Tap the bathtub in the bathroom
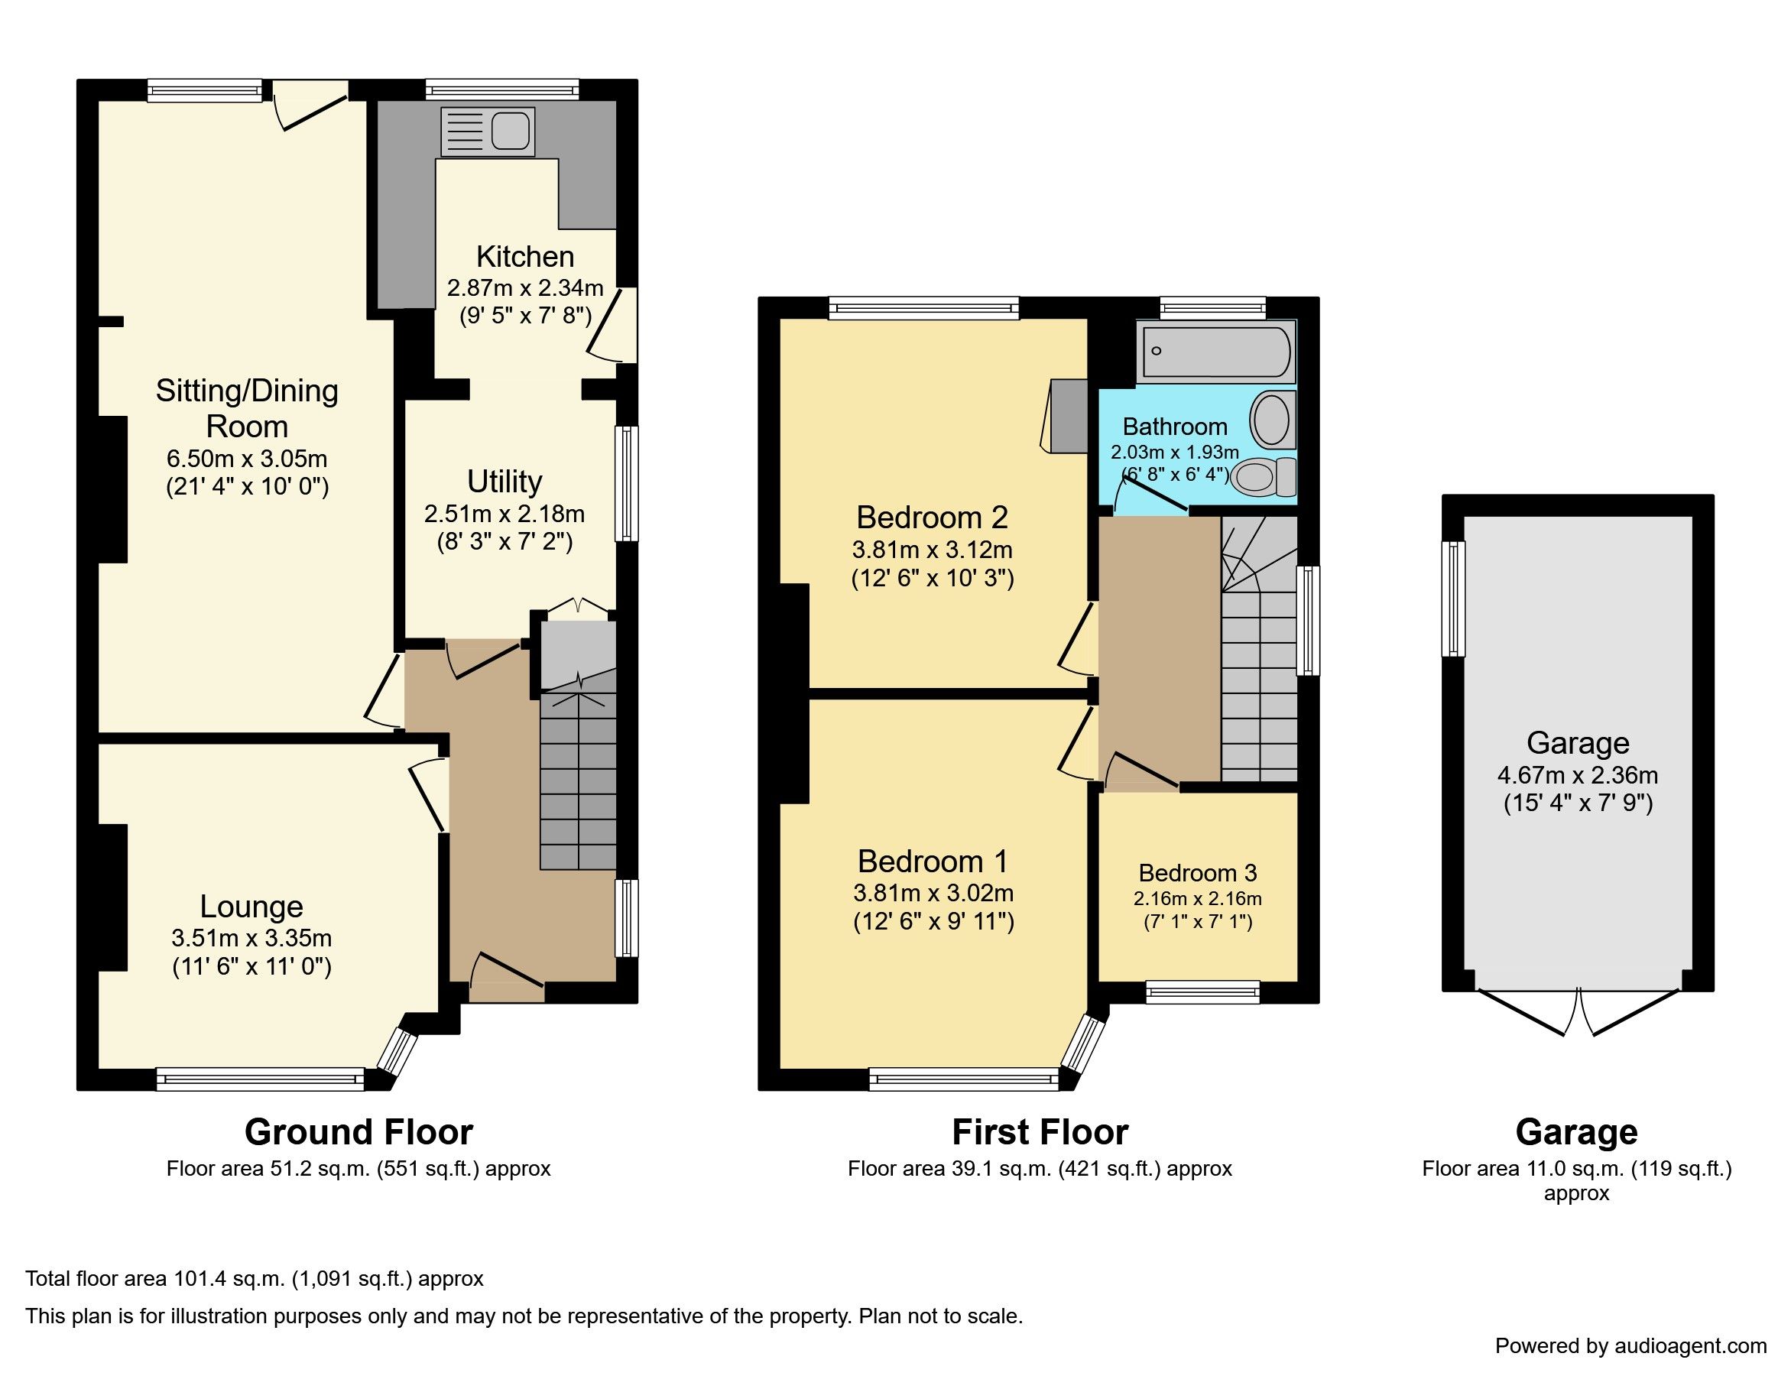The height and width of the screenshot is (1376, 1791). [x=1215, y=352]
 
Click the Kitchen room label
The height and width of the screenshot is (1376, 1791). [x=525, y=256]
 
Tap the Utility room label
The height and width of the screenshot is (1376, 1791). [x=505, y=481]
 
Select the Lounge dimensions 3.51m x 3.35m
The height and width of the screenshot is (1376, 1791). [x=251, y=938]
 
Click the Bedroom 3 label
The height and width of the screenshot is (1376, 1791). [x=1197, y=873]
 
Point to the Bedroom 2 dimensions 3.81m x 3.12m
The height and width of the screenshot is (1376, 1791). [x=932, y=550]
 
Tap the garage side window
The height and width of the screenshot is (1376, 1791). [x=1453, y=599]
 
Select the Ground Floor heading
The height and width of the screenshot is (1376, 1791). [x=359, y=1132]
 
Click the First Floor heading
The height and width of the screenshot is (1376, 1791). [x=1040, y=1132]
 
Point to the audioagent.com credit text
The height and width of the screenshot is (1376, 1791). [x=1630, y=1345]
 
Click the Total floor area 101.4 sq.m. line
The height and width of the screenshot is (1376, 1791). [x=254, y=1278]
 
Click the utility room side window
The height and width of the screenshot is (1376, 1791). [x=627, y=483]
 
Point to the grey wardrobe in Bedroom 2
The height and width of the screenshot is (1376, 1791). [x=1069, y=415]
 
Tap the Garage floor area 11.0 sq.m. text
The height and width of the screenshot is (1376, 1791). [x=1576, y=1169]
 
